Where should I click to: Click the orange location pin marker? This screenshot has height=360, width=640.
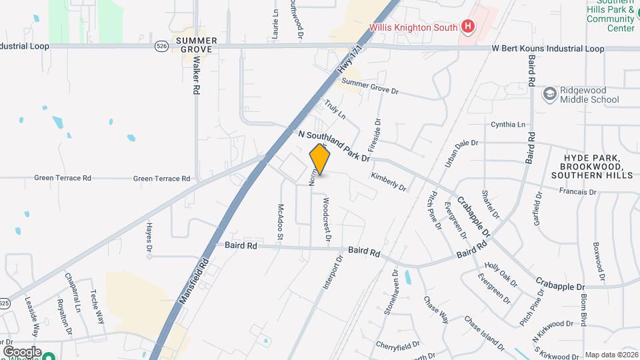(x=320, y=161)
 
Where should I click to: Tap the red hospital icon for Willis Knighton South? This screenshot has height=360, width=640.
(x=468, y=27)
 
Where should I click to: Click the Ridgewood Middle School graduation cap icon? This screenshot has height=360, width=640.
(x=550, y=94)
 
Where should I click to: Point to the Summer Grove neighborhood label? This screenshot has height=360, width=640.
(x=194, y=45)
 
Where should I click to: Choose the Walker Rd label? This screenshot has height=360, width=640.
(x=197, y=74)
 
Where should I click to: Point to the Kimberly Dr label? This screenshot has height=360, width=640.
(x=389, y=181)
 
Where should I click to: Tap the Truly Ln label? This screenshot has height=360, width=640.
(x=335, y=110)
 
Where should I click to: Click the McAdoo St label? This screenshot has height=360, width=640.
(x=281, y=222)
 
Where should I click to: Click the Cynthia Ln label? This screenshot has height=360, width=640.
(x=507, y=125)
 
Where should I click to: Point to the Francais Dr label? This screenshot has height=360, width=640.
(x=578, y=191)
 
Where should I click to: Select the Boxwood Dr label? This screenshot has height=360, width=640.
(x=599, y=261)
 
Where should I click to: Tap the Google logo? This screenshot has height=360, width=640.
(x=22, y=352)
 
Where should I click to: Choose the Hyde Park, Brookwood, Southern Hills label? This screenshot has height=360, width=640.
(x=592, y=166)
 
